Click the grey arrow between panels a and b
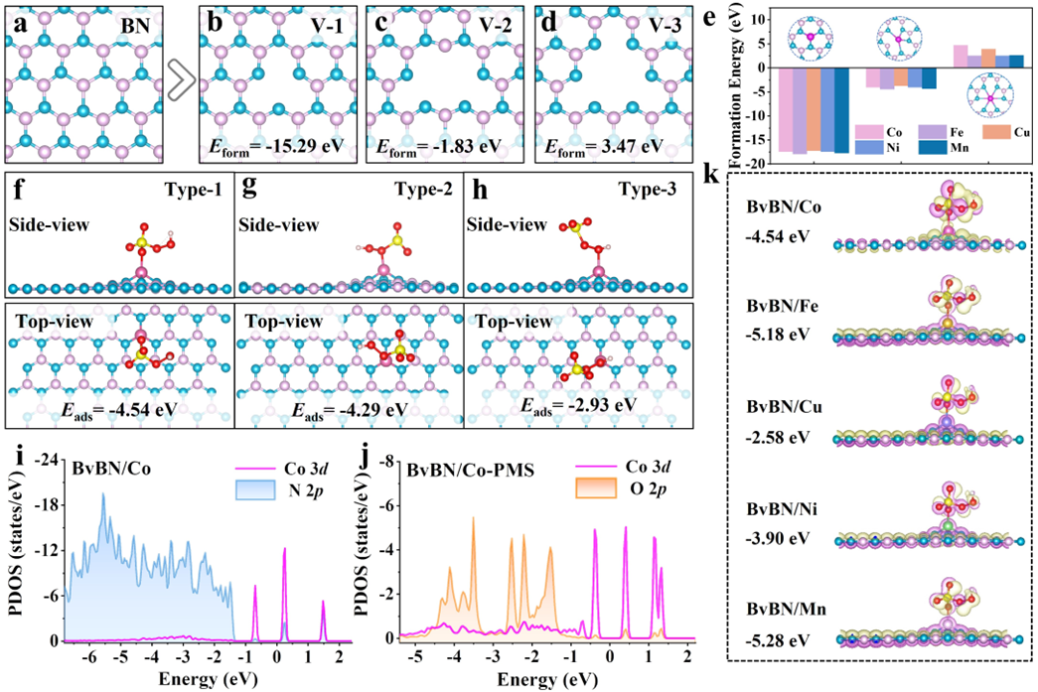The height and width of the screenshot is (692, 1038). [x=181, y=83]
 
